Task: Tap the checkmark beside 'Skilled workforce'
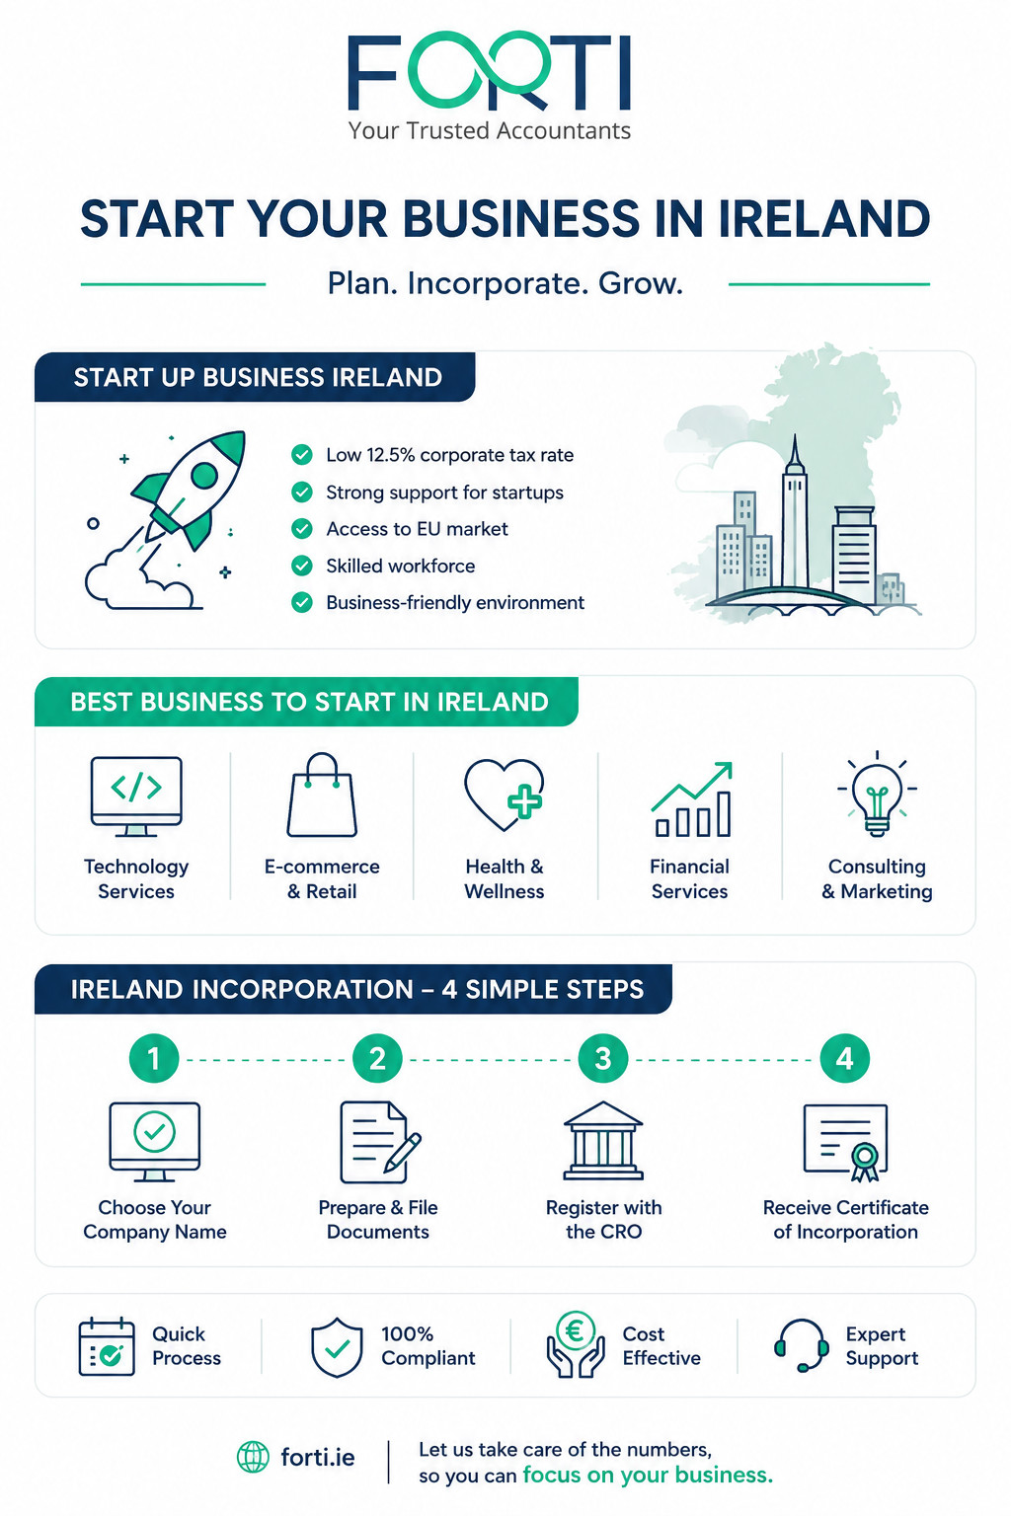coord(301,566)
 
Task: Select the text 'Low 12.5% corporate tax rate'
coord(449,455)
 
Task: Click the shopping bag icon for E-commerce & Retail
coord(322,795)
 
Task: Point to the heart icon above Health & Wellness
coord(504,795)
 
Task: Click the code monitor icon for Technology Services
coord(136,796)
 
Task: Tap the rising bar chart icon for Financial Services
coord(692,798)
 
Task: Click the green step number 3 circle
coord(602,1058)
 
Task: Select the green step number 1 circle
coord(154,1058)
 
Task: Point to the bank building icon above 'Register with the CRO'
coord(602,1141)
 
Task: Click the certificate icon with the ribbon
coord(845,1142)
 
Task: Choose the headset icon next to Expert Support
coord(801,1345)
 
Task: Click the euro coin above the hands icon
coord(575,1330)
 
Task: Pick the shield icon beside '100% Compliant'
coord(337,1347)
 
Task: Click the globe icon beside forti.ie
coord(253,1457)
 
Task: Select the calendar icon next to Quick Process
coord(107,1346)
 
